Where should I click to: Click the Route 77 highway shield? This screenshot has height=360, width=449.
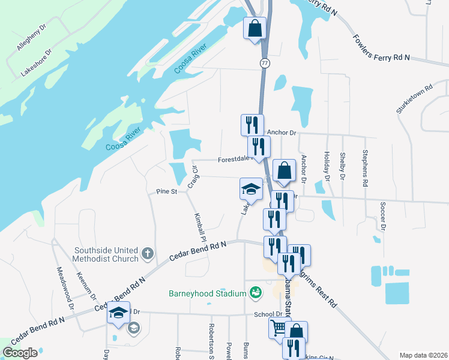click(265, 62)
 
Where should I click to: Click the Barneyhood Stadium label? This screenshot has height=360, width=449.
click(207, 293)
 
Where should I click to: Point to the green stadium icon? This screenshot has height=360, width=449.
click(256, 292)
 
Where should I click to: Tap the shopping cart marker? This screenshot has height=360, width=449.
click(278, 327)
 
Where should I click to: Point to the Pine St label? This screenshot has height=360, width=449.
click(166, 191)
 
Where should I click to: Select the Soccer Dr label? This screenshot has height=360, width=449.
click(382, 216)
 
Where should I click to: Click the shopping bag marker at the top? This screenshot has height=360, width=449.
click(255, 28)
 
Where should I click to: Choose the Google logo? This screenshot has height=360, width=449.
click(20, 353)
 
